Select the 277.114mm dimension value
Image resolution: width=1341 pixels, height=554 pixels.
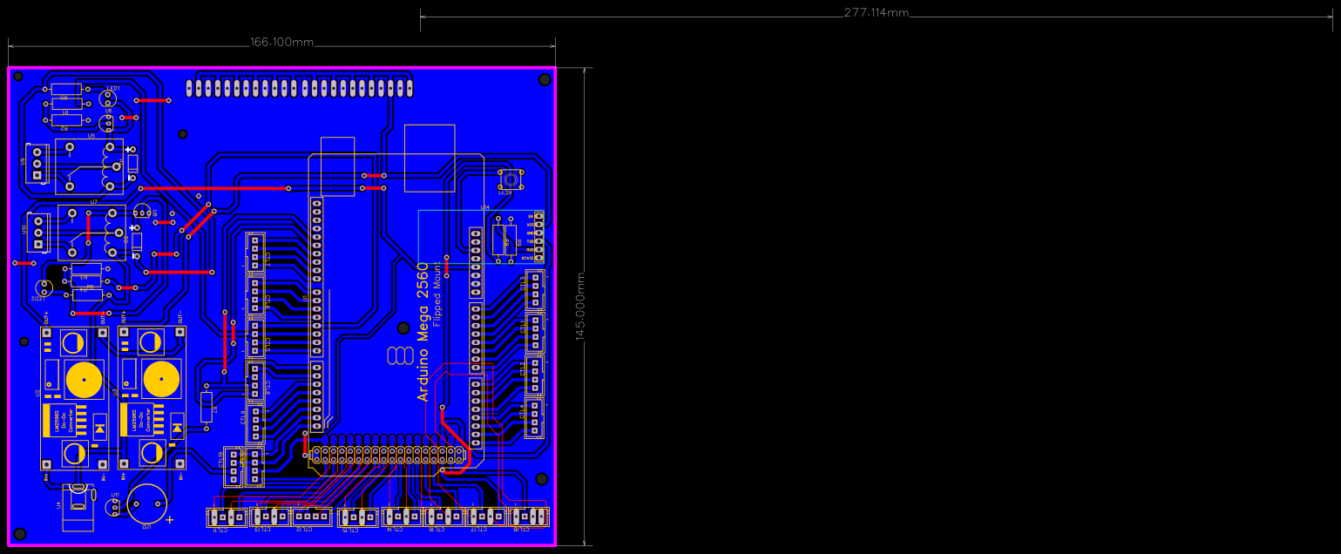[876, 13]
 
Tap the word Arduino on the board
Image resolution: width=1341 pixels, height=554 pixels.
[423, 370]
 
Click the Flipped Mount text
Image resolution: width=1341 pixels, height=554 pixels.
[437, 297]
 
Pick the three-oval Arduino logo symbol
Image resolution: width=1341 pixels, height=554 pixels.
[400, 355]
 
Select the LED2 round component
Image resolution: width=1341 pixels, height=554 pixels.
[43, 287]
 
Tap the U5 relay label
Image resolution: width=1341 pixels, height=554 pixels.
[91, 136]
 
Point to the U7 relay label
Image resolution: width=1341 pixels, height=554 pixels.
[93, 202]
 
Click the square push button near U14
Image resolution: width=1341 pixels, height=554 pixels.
[509, 180]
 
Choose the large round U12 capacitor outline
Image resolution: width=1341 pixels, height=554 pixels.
[146, 505]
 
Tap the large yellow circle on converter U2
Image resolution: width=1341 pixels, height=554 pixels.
[85, 380]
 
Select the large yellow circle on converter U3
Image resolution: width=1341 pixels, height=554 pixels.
[160, 380]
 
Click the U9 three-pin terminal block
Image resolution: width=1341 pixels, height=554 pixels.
[37, 163]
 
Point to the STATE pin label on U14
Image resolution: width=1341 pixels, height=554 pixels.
[528, 258]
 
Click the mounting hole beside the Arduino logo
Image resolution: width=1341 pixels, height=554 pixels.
[403, 328]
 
